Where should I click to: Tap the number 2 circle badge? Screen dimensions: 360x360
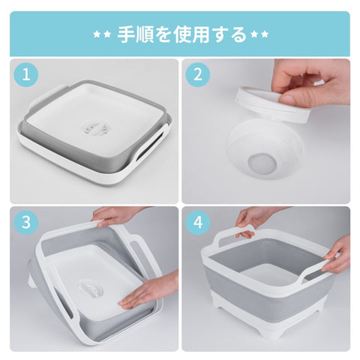(198, 74)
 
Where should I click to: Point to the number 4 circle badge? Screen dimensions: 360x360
(198, 223)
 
